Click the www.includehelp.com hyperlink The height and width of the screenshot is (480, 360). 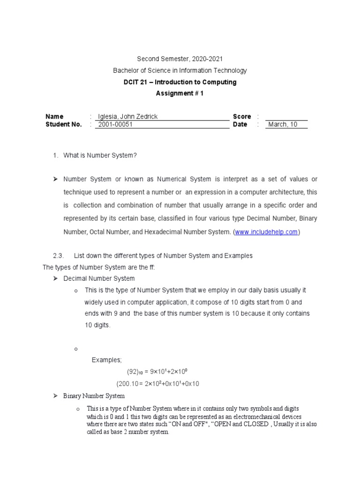tap(266, 232)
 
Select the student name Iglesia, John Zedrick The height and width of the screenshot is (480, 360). tap(127, 116)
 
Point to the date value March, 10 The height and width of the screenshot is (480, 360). tap(283, 125)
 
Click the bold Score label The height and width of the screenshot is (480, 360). tap(242, 116)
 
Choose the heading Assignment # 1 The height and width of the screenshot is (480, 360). tap(180, 93)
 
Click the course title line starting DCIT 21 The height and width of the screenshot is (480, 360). tap(180, 82)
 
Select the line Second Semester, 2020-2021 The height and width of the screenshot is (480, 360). tap(180, 59)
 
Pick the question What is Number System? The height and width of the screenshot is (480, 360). tap(100, 155)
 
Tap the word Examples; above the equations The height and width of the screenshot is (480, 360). tap(106, 360)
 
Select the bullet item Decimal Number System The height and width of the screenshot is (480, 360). tap(99, 278)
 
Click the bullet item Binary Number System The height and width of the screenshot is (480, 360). tap(94, 396)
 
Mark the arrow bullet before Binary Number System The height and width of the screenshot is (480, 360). tap(55, 396)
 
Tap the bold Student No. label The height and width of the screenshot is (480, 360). tap(63, 125)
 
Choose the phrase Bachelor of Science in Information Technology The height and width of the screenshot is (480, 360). tap(180, 70)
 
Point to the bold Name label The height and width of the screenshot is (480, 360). tap(54, 116)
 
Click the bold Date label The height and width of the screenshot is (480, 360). tap(240, 125)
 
